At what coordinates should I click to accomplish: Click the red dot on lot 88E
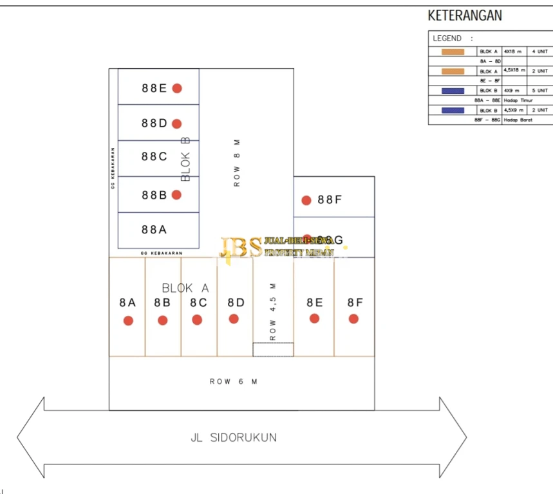coord(176,88)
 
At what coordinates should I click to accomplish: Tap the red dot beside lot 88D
coord(176,123)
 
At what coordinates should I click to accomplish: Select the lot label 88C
coord(154,156)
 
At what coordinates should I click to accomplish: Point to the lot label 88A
coord(154,229)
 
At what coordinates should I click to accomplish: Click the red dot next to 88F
coord(306,201)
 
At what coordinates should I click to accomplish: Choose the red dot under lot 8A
coord(128,320)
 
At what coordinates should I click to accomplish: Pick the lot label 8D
coord(236,302)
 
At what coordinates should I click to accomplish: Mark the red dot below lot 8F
coord(353,318)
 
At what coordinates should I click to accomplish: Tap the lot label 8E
coord(314,302)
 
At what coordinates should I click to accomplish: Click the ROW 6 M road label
coord(233,381)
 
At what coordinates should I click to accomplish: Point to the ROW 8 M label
coord(237,161)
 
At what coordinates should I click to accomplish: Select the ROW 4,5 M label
coord(273,311)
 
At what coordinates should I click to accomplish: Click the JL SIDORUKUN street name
coord(234,437)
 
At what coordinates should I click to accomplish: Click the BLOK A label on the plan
coord(185,288)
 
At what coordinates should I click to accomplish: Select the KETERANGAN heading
coord(465,16)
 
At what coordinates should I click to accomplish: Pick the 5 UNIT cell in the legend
coord(539,91)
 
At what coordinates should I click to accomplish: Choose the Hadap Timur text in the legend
coord(518,100)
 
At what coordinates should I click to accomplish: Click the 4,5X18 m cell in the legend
coord(514,71)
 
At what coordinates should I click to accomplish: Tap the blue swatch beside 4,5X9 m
coord(453,111)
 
